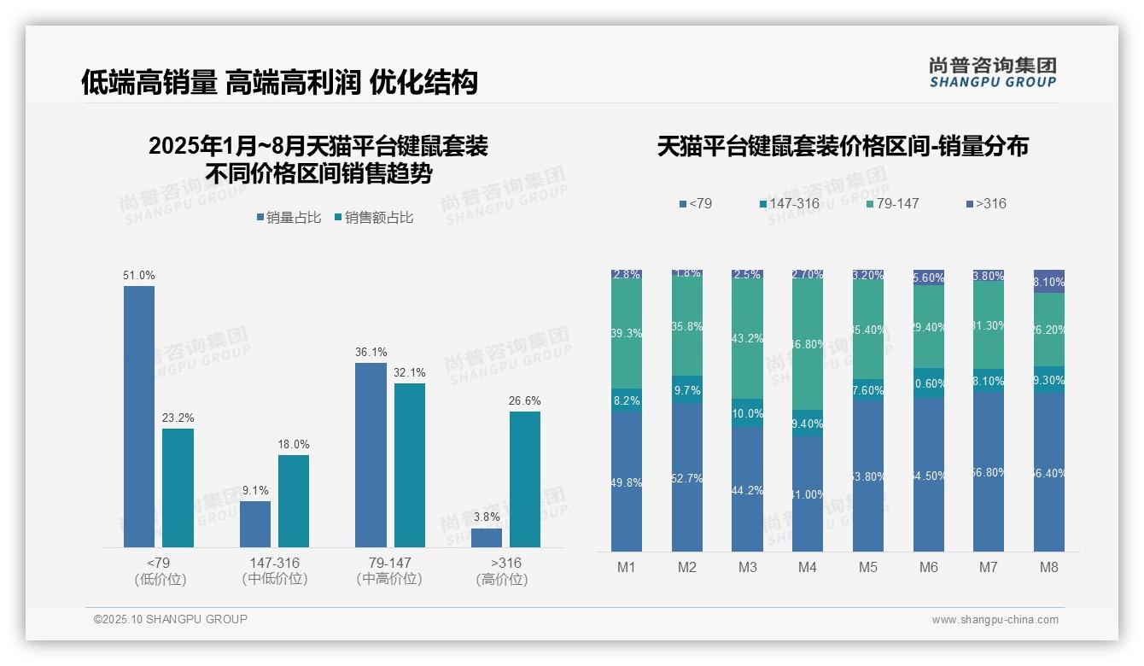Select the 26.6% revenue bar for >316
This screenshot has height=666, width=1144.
click(525, 479)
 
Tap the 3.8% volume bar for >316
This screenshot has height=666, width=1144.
click(487, 538)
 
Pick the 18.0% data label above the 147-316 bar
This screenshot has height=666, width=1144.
click(294, 444)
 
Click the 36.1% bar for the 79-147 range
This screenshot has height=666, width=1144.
click(371, 454)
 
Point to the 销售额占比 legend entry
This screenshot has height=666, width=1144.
click(375, 218)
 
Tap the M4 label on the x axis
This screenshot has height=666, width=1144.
click(808, 567)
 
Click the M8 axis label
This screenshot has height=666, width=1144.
click(1049, 567)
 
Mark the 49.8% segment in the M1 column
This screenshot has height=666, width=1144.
click(627, 482)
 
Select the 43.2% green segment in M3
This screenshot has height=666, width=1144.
click(747, 339)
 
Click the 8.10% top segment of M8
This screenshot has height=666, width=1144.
click(1049, 282)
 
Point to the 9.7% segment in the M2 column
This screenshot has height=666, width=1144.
click(687, 389)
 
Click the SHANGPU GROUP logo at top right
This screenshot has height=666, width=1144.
click(992, 73)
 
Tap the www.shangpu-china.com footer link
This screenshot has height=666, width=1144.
click(995, 620)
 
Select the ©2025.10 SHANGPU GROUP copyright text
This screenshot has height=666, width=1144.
click(171, 619)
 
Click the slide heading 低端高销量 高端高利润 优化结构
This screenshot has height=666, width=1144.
click(279, 82)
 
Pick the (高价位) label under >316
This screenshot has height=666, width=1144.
click(501, 579)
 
